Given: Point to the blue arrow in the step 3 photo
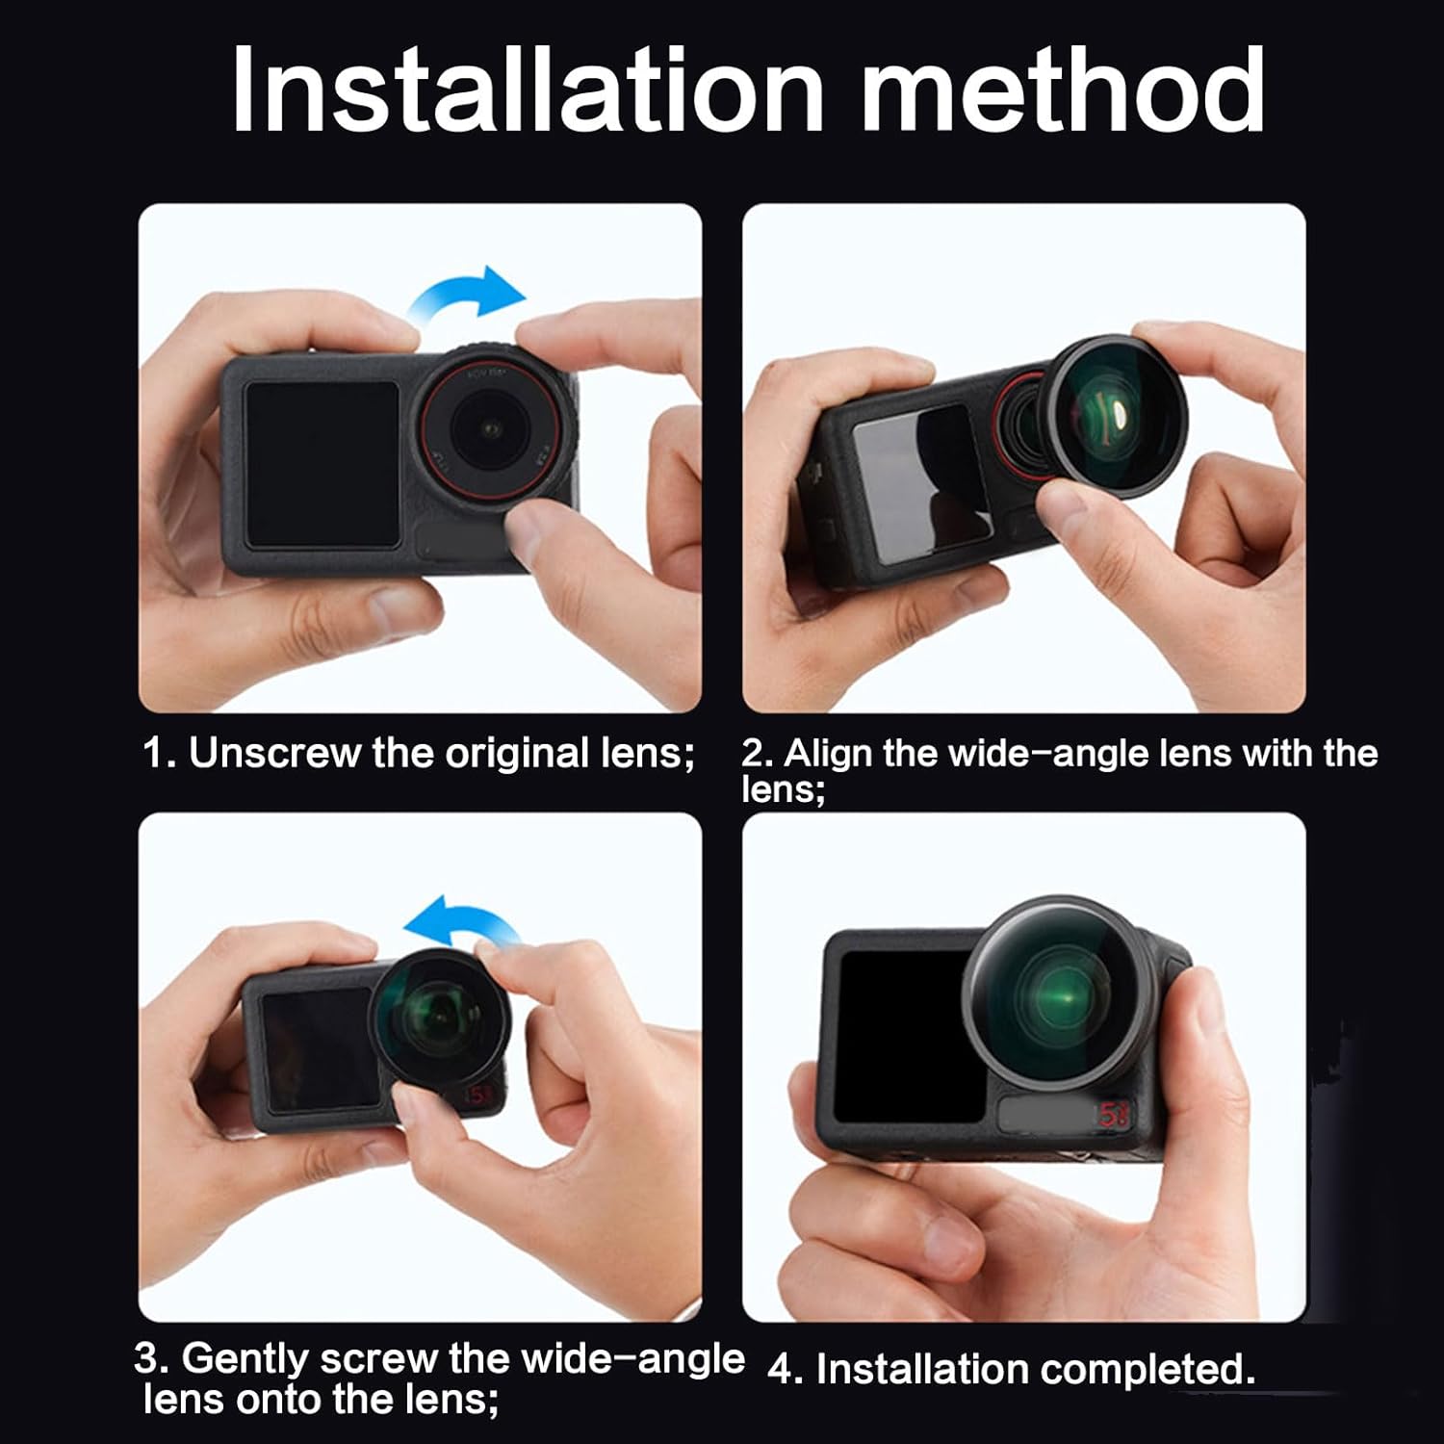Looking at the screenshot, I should (x=460, y=922).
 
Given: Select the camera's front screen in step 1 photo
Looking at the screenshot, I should (x=321, y=464).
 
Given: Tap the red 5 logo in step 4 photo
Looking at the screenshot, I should (x=1112, y=1115).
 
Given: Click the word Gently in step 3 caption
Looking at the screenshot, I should (x=245, y=1358).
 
